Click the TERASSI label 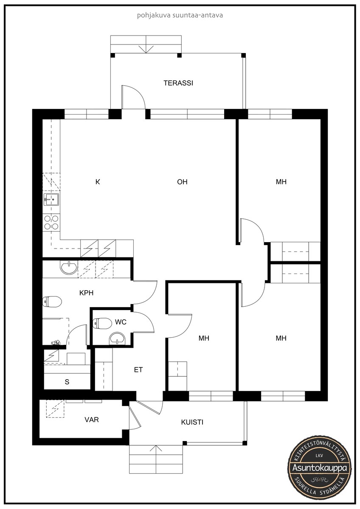pyautogui.click(x=178, y=83)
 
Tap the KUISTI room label pyautogui.click(x=192, y=422)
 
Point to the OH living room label pyautogui.click(x=182, y=182)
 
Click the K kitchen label pyautogui.click(x=98, y=182)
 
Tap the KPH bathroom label pyautogui.click(x=87, y=293)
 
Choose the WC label pyautogui.click(x=121, y=322)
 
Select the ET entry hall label pyautogui.click(x=138, y=370)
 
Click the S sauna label pyautogui.click(x=67, y=382)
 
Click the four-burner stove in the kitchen pyautogui.click(x=51, y=222)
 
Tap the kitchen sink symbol pyautogui.click(x=51, y=199)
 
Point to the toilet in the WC pyautogui.click(x=102, y=323)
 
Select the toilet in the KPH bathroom pyautogui.click(x=52, y=302)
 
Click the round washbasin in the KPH pyautogui.click(x=69, y=267)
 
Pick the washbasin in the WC pyautogui.click(x=117, y=339)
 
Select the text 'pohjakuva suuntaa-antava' pyautogui.click(x=180, y=15)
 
